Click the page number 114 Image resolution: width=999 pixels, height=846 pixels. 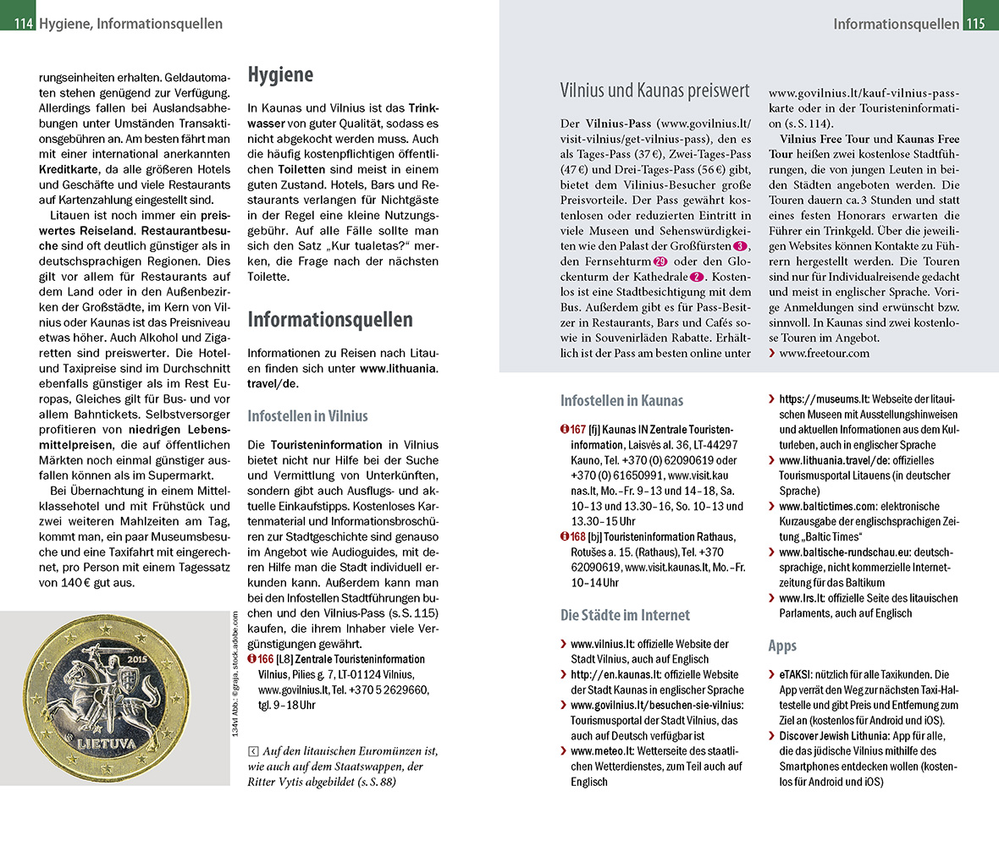pos(23,24)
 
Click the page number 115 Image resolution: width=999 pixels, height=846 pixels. pos(975,24)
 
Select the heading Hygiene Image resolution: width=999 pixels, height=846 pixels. pos(280,75)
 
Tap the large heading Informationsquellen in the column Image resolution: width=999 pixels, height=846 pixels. pos(330,320)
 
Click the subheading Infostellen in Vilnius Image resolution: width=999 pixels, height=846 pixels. pos(307,416)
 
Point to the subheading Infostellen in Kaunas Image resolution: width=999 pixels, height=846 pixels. pos(621,401)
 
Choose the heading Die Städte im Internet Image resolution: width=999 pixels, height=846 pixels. pos(625,615)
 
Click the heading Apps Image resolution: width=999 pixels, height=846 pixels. pos(782,645)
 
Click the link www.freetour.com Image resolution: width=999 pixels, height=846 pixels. pos(823,353)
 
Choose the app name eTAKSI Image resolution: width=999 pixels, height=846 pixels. pos(796,675)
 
